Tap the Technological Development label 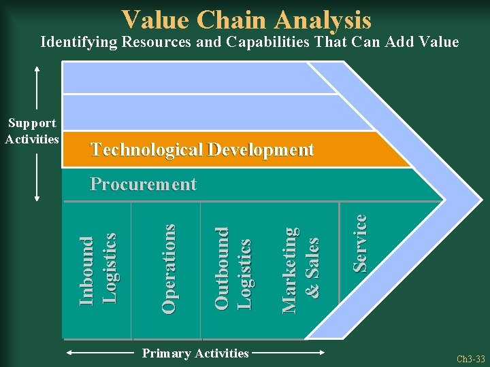click(202, 150)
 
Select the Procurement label click(144, 184)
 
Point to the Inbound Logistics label click(98, 269)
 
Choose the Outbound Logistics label click(233, 269)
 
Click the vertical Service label click(360, 243)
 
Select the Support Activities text click(32, 131)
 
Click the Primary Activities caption click(195, 353)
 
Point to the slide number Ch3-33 click(470, 358)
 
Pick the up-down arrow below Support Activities click(37, 175)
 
